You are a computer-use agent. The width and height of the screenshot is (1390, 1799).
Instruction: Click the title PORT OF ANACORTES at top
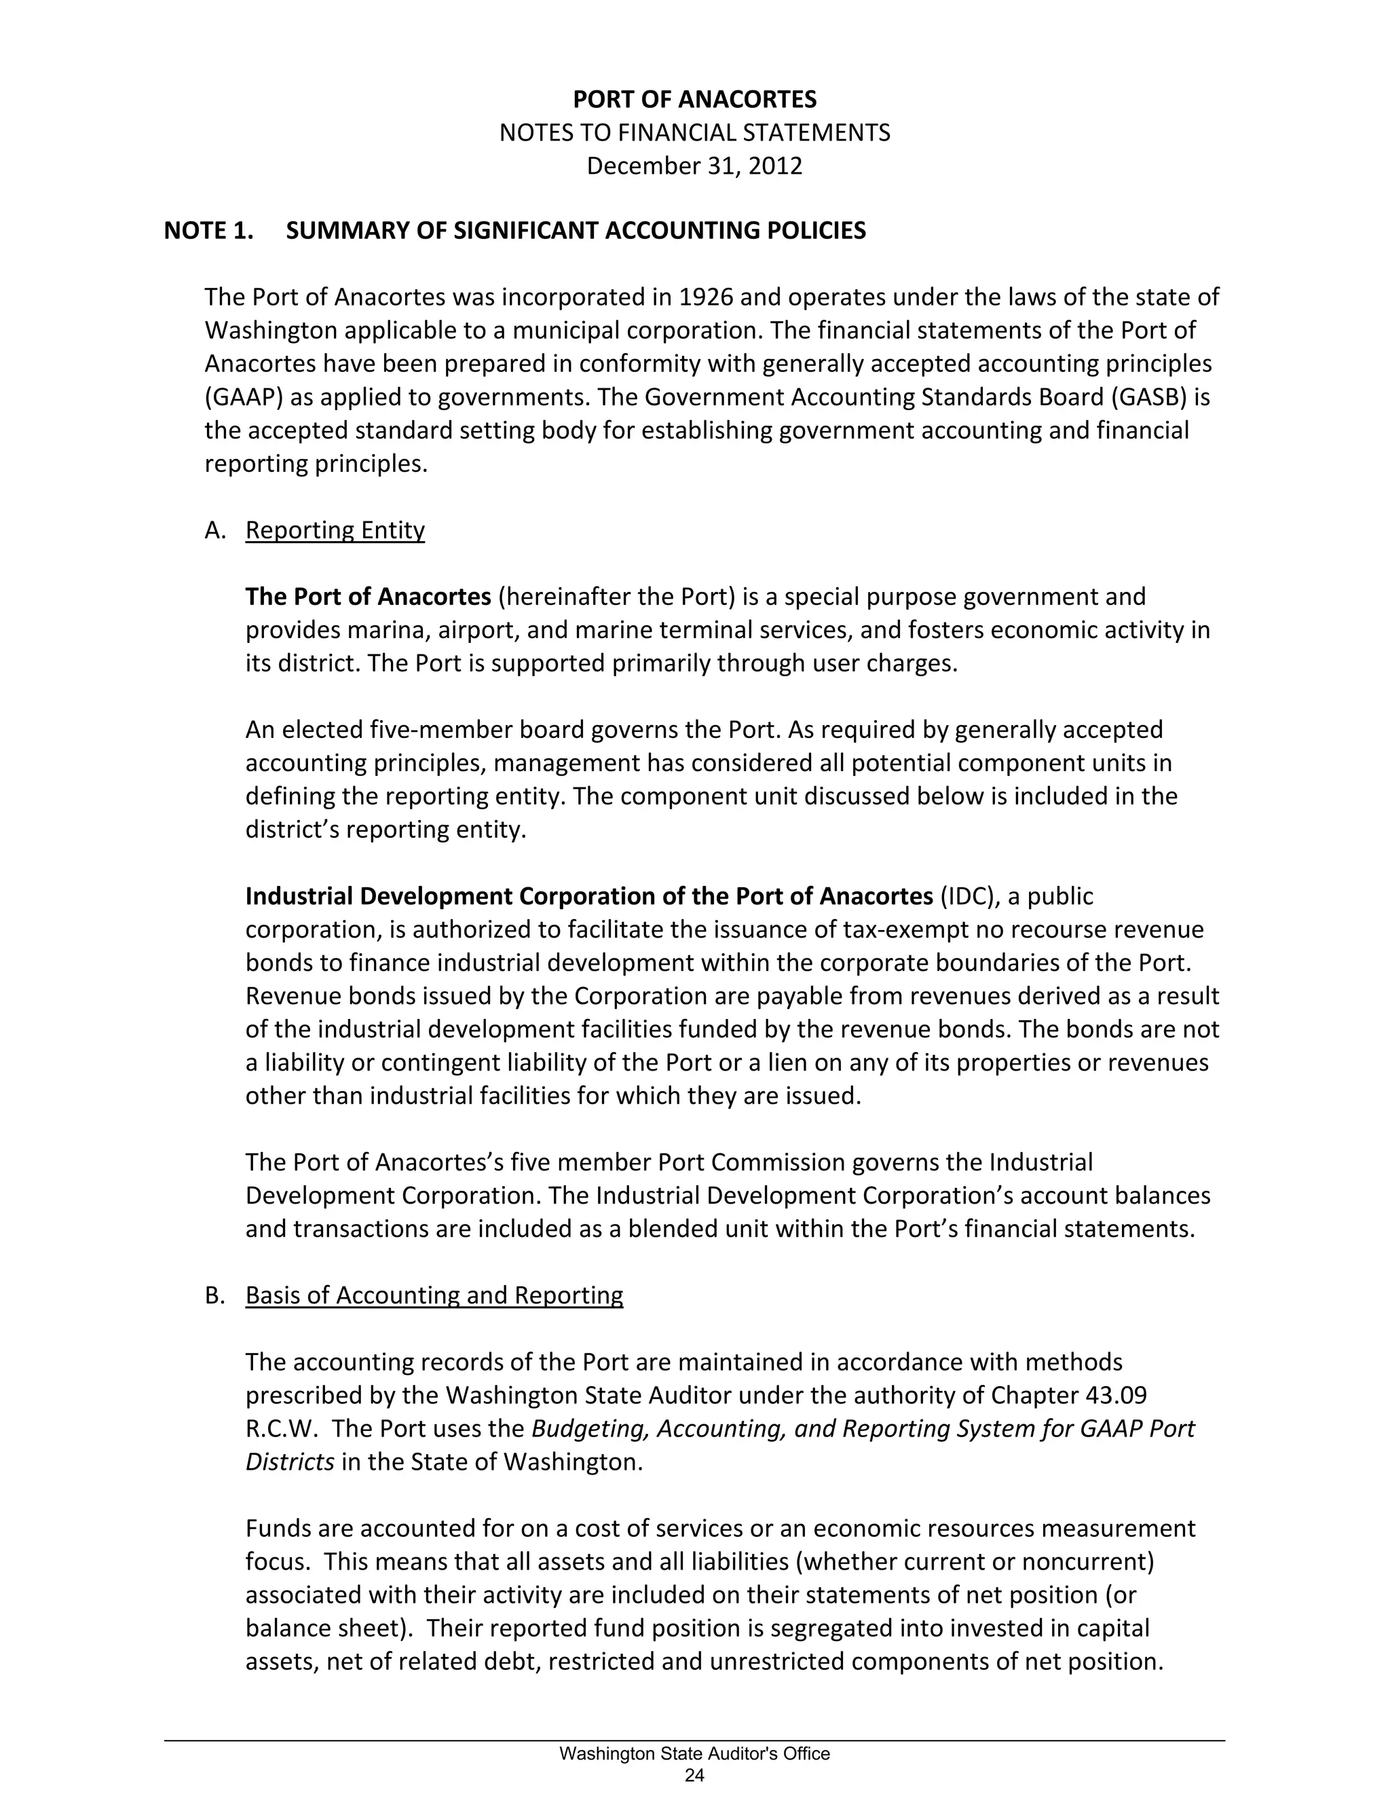694,100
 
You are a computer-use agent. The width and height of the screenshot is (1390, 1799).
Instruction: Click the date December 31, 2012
694,166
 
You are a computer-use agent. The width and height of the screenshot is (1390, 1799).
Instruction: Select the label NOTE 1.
208,231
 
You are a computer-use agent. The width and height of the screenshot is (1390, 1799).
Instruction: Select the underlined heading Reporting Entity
335,530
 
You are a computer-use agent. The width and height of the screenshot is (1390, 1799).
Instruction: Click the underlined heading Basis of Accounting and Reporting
434,1296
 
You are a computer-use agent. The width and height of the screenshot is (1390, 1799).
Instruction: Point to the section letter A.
214,530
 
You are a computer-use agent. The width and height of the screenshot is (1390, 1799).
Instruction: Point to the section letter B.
214,1296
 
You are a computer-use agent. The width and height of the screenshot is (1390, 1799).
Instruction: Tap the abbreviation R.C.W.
282,1428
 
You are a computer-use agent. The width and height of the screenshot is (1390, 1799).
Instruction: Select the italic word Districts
290,1462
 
